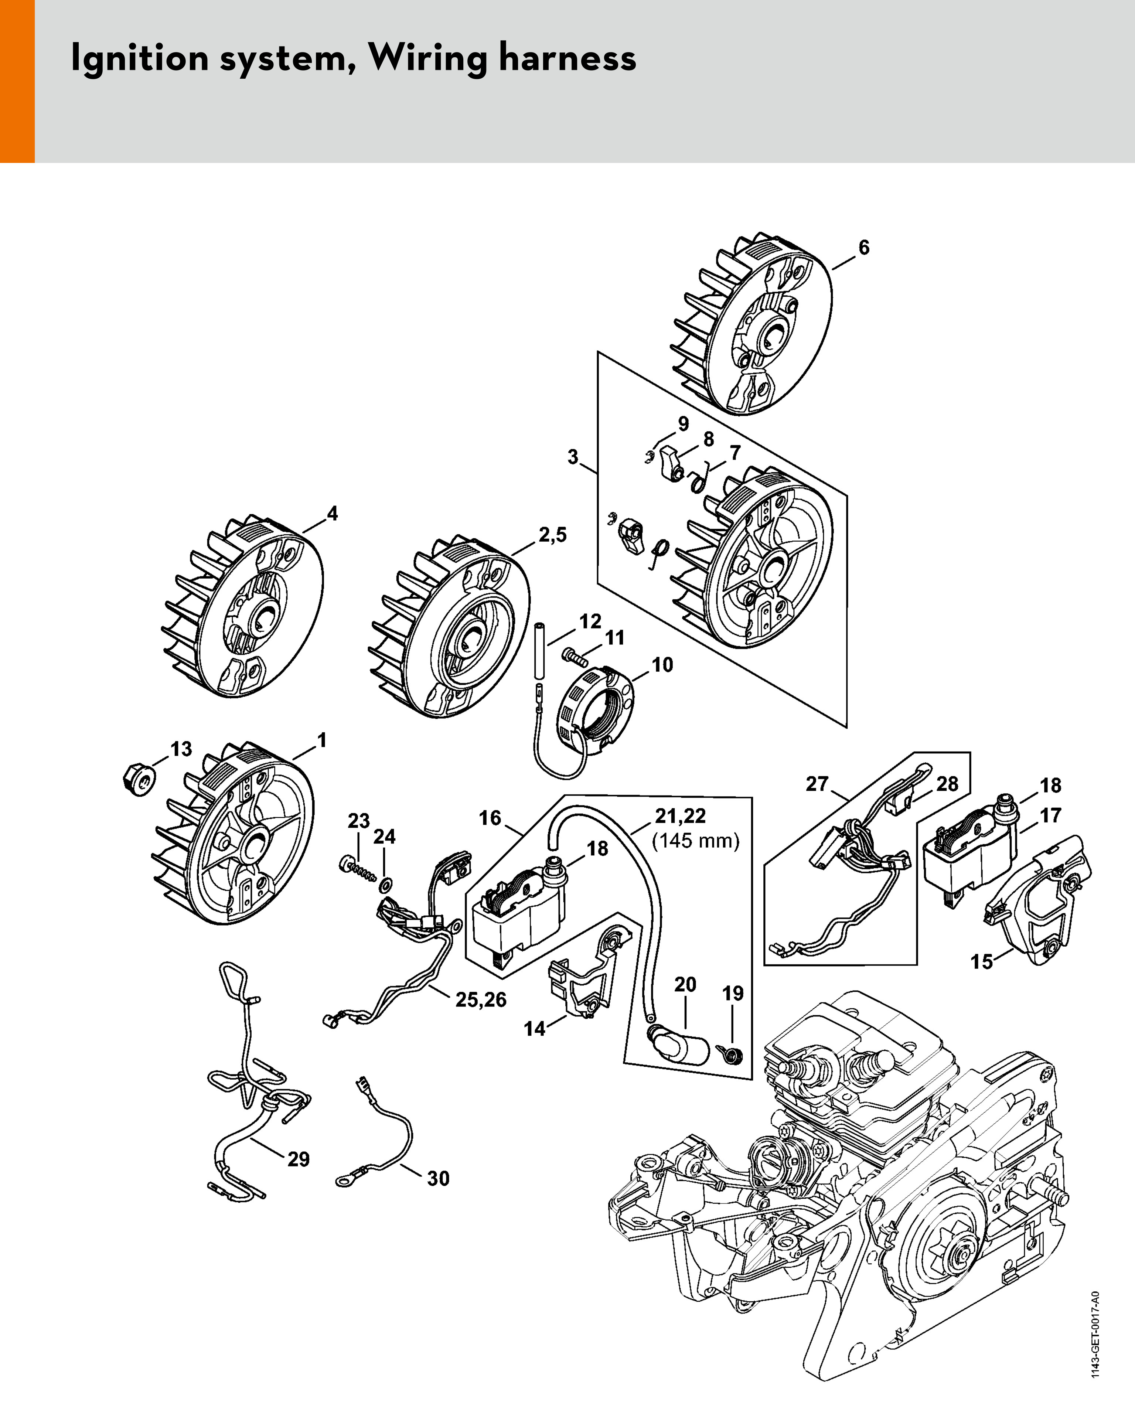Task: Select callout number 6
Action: [x=864, y=248]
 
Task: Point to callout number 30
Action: [x=438, y=1178]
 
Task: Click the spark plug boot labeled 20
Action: [x=679, y=1045]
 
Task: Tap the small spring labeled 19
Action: [x=731, y=1054]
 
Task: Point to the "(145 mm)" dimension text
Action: [x=696, y=841]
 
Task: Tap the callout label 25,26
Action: [x=481, y=1000]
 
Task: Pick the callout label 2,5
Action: [x=552, y=535]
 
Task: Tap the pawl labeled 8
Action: [x=669, y=464]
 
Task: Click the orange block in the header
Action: [x=17, y=81]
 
